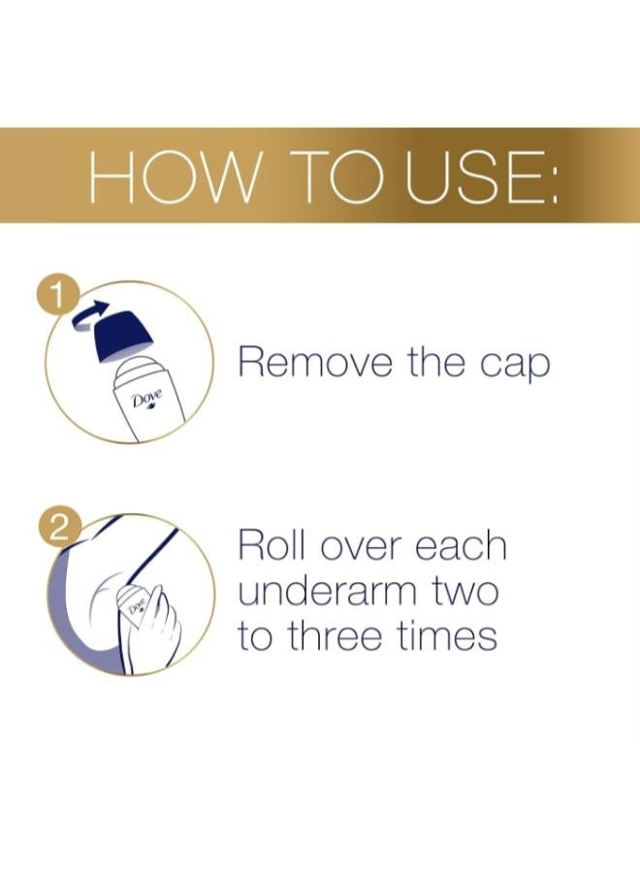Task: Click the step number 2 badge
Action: pyautogui.click(x=58, y=530)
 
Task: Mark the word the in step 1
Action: pyautogui.click(x=436, y=364)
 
